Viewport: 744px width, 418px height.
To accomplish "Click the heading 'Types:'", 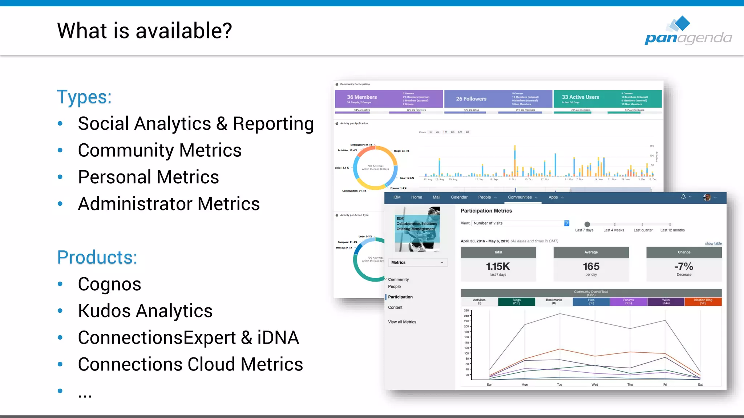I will pyautogui.click(x=84, y=97).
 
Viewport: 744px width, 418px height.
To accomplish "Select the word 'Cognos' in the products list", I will pyautogui.click(x=109, y=284).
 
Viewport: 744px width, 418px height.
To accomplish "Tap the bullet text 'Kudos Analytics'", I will pyautogui.click(x=145, y=311).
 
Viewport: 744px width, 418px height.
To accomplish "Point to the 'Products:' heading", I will pyautogui.click(x=97, y=258).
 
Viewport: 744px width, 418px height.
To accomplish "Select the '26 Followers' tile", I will pyautogui.click(x=471, y=99).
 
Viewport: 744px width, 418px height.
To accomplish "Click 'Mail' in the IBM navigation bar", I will pyautogui.click(x=436, y=197).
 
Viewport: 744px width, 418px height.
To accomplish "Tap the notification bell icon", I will pyautogui.click(x=683, y=197).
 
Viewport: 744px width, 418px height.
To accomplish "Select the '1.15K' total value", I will pyautogui.click(x=498, y=267).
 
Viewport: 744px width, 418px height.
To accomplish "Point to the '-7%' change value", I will pyautogui.click(x=684, y=267).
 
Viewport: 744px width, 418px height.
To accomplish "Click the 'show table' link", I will pyautogui.click(x=713, y=243).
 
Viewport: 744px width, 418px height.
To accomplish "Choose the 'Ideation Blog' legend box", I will pyautogui.click(x=703, y=302).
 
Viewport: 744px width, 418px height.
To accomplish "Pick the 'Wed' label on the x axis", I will pyautogui.click(x=595, y=385).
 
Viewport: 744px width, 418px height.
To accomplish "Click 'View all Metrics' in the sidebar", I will pyautogui.click(x=402, y=322).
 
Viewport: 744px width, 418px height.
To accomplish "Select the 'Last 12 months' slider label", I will pyautogui.click(x=672, y=230).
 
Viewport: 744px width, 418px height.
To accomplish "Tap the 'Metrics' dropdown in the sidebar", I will pyautogui.click(x=417, y=262).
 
